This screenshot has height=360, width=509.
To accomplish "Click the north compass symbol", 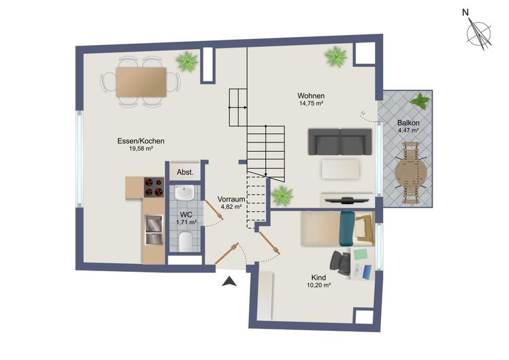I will tap(479, 31).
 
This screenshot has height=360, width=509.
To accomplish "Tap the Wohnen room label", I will tap(310, 95).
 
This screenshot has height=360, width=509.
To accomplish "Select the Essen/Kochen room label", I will tap(141, 141).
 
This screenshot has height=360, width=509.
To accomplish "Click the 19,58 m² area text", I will tap(141, 149).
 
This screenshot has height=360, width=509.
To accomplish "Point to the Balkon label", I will tap(408, 123).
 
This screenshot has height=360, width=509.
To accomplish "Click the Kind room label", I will tap(318, 277).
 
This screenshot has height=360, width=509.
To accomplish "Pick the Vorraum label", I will tap(231, 198).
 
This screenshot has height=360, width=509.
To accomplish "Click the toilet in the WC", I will tap(186, 241).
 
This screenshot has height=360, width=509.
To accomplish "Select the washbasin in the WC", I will tap(182, 194).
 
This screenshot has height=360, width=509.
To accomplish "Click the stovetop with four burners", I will tap(154, 188).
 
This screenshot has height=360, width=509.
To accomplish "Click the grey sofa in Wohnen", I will tap(341, 141).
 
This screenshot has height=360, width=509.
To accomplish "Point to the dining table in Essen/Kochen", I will tap(141, 82).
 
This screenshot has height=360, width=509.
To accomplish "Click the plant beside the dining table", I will tap(188, 62).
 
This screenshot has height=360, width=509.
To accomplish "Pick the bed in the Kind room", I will tap(331, 228).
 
